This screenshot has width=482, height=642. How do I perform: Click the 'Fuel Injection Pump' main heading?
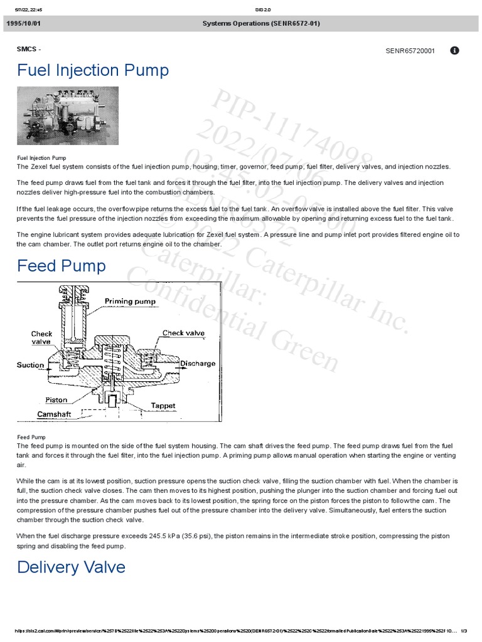(93, 70)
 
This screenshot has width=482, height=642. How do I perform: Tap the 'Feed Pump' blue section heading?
(62, 266)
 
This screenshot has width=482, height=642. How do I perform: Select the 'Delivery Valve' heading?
(71, 567)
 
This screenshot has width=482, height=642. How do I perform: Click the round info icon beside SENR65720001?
(455, 50)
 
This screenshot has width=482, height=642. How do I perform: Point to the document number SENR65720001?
(410, 51)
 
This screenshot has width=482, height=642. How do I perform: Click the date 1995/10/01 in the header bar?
(24, 23)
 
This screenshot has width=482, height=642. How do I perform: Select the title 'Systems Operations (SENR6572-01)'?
(260, 23)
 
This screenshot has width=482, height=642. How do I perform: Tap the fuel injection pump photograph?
(68, 116)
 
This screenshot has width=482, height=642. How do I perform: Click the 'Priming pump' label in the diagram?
(130, 301)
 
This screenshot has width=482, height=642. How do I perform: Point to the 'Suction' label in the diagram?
(30, 365)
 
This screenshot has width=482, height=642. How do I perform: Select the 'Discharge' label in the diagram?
(198, 364)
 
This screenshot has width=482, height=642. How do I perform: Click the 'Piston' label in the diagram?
(56, 399)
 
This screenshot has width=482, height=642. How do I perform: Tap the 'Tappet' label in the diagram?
(163, 406)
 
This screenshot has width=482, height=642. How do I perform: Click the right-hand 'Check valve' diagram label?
(183, 333)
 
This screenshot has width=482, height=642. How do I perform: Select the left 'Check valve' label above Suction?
(42, 338)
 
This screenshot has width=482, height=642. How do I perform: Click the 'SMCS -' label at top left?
(29, 48)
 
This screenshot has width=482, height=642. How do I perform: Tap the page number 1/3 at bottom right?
(463, 631)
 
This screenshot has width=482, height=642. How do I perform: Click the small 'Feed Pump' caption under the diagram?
(31, 437)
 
